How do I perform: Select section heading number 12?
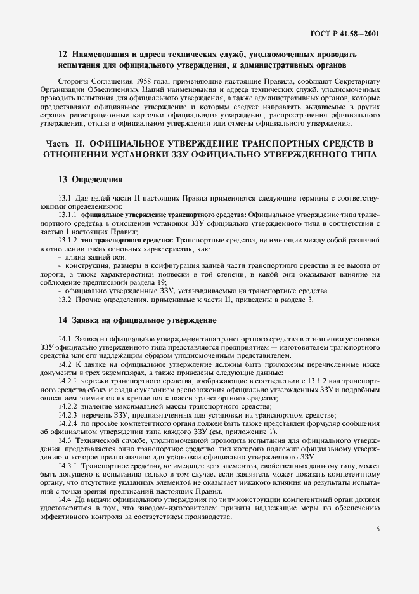pyautogui.click(x=62, y=54)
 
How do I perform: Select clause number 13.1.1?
pyautogui.click(x=67, y=215)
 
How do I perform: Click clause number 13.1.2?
pyautogui.click(x=67, y=241)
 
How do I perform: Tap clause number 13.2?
pyautogui.click(x=65, y=300)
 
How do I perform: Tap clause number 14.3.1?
pyautogui.click(x=67, y=466)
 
